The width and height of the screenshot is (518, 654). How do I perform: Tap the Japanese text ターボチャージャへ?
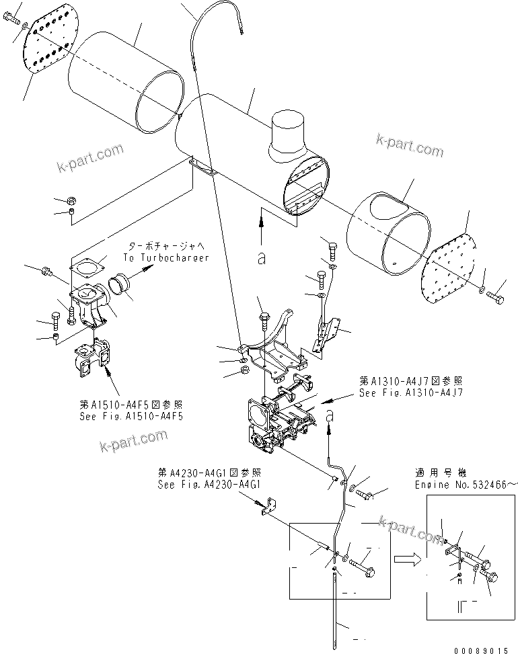point(164,247)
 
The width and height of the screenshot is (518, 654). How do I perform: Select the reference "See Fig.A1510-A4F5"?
point(131,416)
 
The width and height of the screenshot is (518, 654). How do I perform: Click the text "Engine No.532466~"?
point(466,484)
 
